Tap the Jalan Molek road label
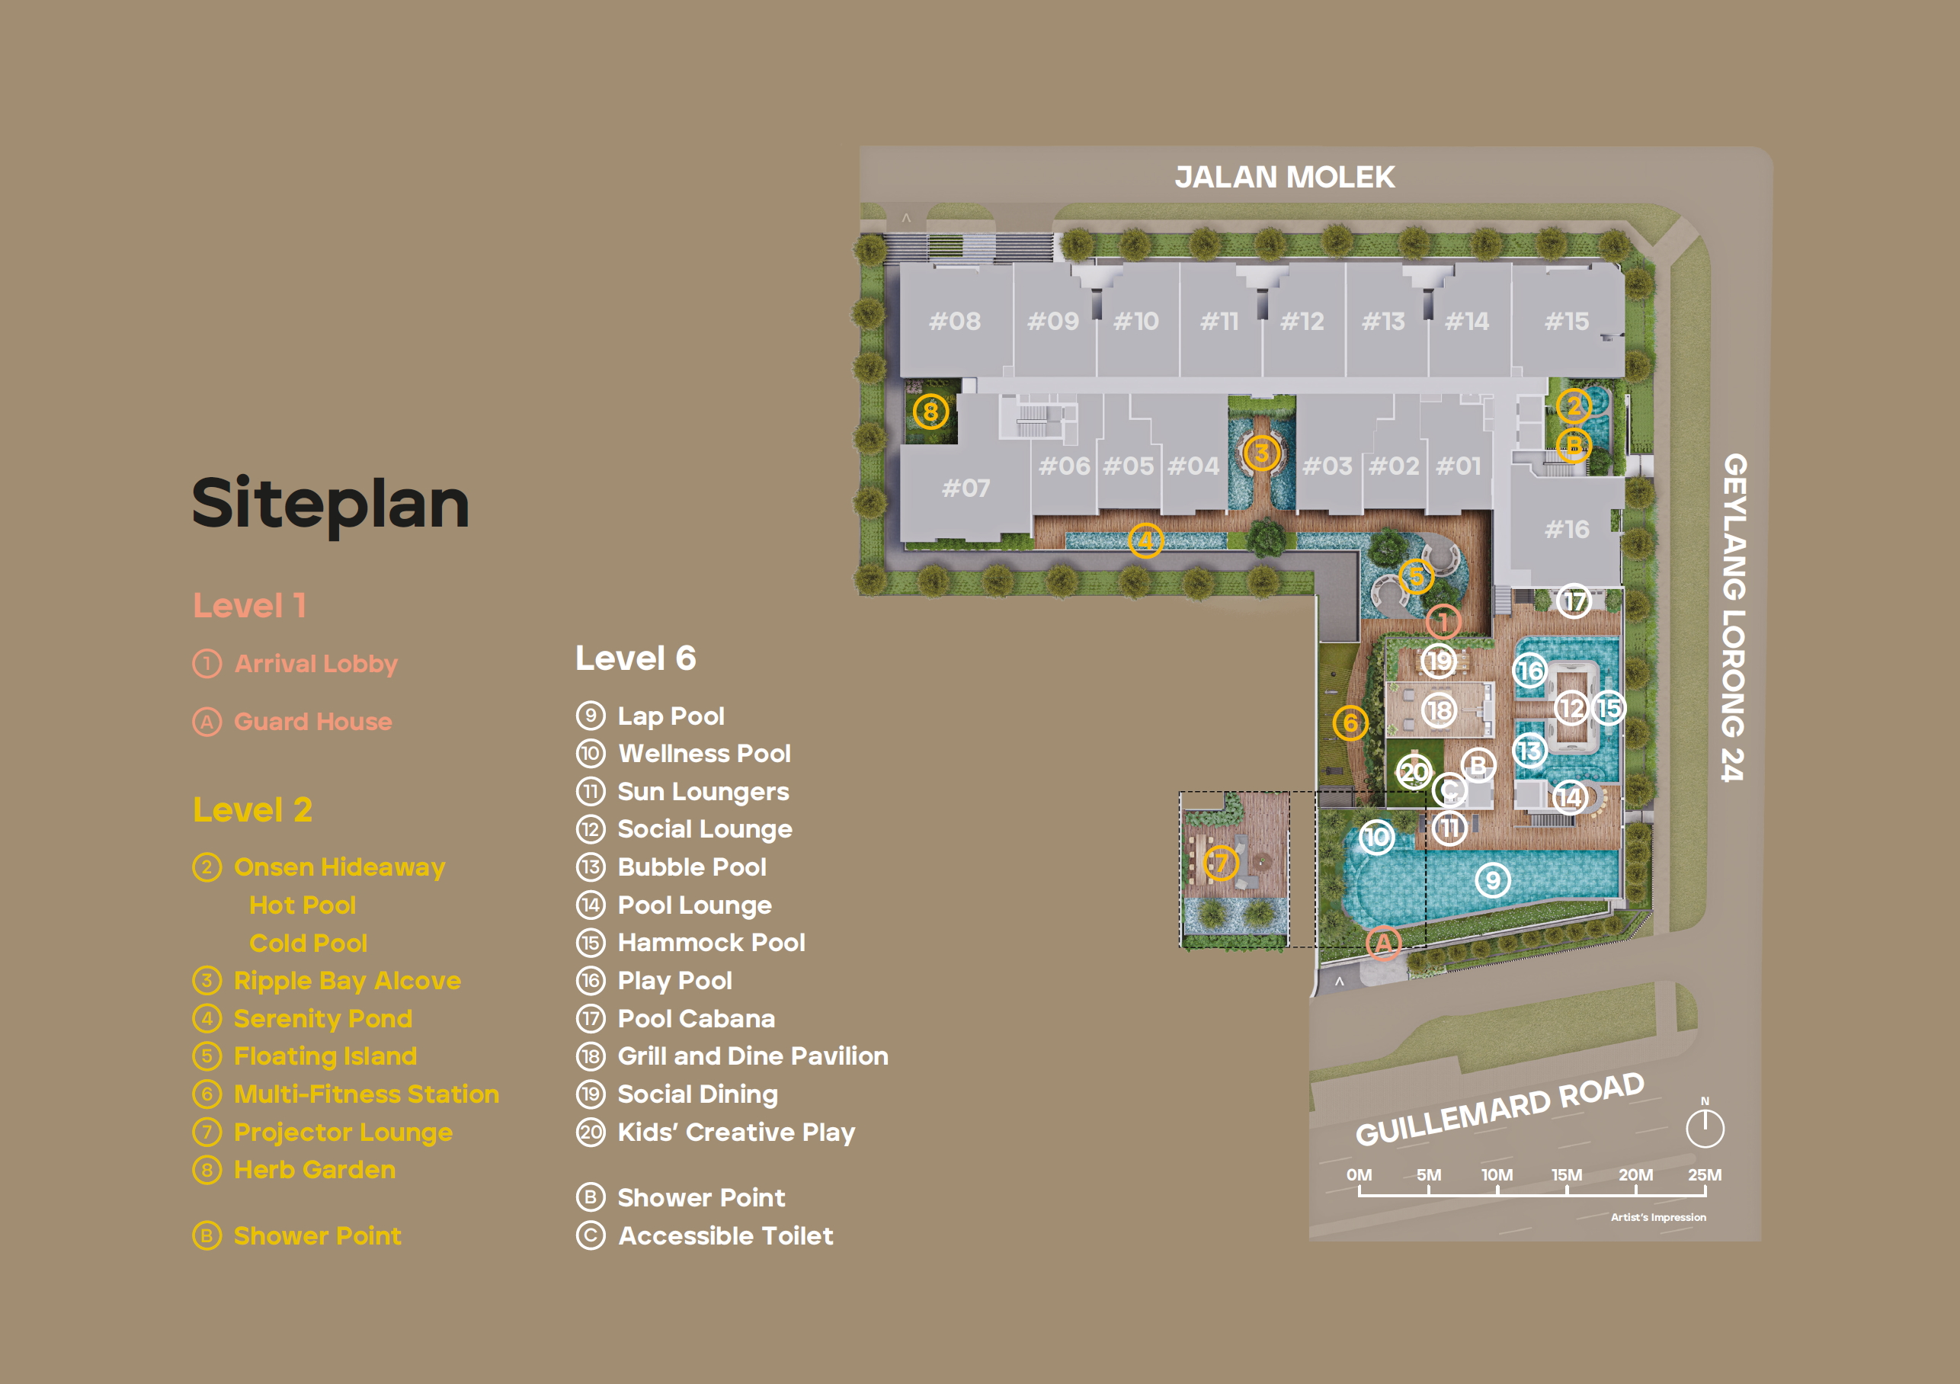(1285, 178)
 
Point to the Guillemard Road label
(1500, 1109)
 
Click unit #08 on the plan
(954, 321)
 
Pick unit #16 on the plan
(1568, 530)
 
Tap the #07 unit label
(966, 488)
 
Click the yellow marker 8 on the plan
(930, 412)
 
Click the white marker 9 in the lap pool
(1492, 879)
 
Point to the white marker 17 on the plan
(1574, 601)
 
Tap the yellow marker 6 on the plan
(1350, 722)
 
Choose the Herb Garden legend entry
(294, 1170)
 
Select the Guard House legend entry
(293, 722)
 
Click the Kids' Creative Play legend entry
(716, 1133)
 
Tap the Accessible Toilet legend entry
(705, 1235)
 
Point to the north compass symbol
(1705, 1123)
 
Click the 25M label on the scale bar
(1705, 1175)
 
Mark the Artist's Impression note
(1657, 1218)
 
